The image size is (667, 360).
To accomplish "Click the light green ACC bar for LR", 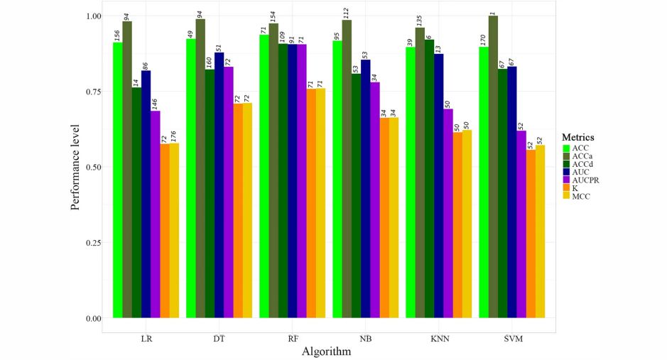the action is [x=117, y=180].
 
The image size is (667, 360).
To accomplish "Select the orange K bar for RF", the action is [x=311, y=203].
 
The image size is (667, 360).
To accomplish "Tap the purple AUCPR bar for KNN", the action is [x=448, y=213].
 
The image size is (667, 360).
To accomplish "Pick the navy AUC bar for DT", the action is [x=219, y=185].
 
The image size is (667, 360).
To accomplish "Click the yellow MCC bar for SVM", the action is [x=541, y=231].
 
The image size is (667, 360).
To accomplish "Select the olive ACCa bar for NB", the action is [x=347, y=169].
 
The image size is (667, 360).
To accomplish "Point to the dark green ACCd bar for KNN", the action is [x=429, y=179].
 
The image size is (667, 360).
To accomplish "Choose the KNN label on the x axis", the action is [x=440, y=339].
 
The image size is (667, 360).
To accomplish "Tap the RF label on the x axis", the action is [x=293, y=339].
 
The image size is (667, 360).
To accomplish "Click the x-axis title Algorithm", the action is [x=326, y=351].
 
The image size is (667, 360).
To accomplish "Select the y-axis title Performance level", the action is [x=75, y=167].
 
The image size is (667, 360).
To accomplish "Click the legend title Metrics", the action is [x=577, y=137].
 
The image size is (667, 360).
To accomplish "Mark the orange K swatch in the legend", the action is [x=566, y=188].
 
